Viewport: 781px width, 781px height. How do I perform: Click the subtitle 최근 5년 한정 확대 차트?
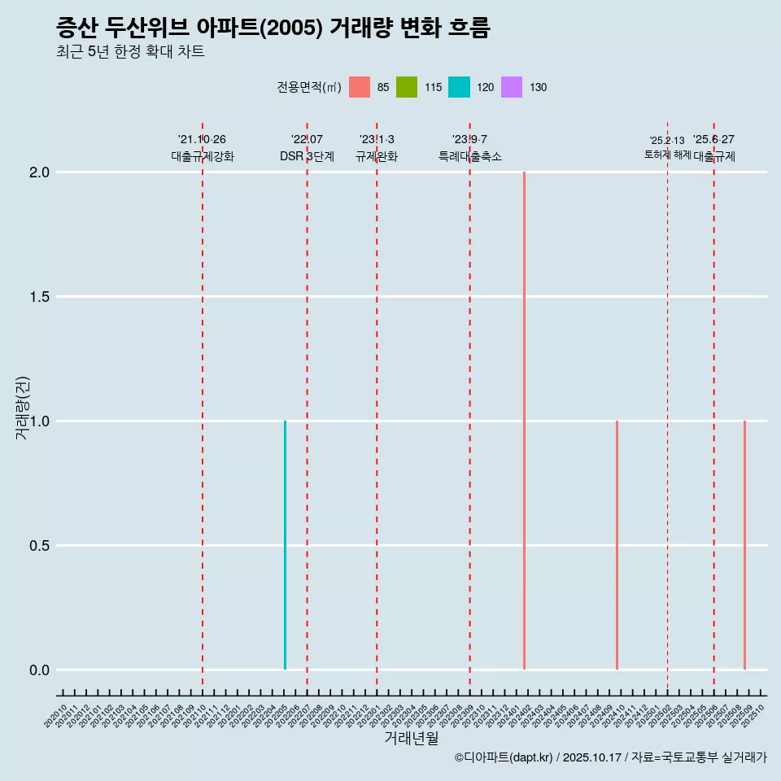[x=130, y=52]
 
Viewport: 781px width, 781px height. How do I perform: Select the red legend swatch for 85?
[x=360, y=87]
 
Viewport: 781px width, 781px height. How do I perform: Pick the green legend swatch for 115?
[x=407, y=87]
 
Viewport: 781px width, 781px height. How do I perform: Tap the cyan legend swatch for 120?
[x=459, y=87]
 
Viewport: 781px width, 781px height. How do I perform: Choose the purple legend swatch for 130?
[x=512, y=87]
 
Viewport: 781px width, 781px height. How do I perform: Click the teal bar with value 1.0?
[x=285, y=545]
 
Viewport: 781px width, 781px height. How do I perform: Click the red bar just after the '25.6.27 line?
[x=744, y=545]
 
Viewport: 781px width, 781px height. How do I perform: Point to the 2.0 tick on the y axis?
[x=40, y=172]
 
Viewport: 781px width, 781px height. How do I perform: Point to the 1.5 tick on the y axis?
[x=40, y=297]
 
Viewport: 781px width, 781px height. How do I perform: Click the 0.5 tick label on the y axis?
[x=40, y=546]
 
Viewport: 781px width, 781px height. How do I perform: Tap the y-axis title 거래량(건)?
[x=23, y=408]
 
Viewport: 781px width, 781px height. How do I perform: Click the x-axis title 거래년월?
[x=411, y=739]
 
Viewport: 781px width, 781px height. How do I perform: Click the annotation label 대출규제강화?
[x=202, y=157]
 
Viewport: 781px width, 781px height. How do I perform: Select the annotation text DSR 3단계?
[x=307, y=157]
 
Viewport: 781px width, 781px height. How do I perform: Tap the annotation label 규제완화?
[x=376, y=157]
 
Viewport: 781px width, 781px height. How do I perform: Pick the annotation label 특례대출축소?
[x=469, y=157]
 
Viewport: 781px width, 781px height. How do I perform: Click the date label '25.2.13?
[x=667, y=141]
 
